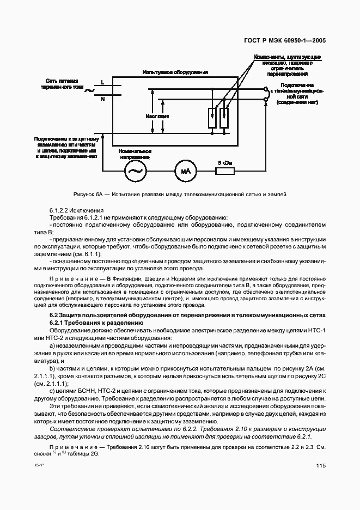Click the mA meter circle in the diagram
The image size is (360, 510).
[x=184, y=172]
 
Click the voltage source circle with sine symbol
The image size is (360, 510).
[x=133, y=172]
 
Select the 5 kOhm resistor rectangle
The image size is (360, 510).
[x=224, y=172]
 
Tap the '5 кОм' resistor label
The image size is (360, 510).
[x=224, y=162]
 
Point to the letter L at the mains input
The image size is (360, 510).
[x=102, y=82]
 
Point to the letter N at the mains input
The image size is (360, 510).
[x=102, y=99]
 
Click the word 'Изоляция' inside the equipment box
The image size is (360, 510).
[x=157, y=116]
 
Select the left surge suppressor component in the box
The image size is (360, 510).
[x=212, y=118]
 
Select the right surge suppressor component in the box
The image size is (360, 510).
[x=224, y=118]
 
